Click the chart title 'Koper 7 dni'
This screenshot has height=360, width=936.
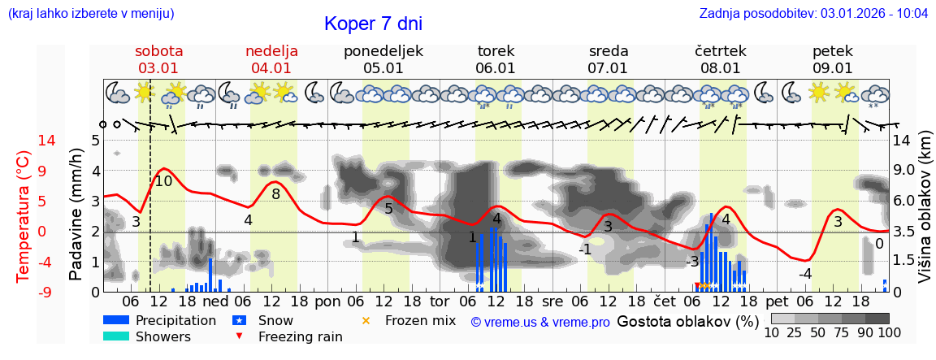point(373,24)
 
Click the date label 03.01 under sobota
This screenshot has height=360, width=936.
point(158,68)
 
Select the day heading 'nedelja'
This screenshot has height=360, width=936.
point(271,50)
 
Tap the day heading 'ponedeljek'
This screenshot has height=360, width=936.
point(383,50)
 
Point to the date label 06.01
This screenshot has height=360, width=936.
point(496,68)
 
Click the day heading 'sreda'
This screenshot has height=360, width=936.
point(609,50)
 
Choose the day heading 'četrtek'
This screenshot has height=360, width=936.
point(721,50)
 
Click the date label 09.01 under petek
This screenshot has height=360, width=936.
point(833,68)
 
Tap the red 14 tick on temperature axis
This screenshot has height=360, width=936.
point(24,141)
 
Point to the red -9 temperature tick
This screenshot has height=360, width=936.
point(24,292)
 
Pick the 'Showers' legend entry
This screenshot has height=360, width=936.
point(162,336)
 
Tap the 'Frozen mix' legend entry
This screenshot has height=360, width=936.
point(420,320)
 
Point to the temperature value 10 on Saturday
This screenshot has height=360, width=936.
point(163,181)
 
